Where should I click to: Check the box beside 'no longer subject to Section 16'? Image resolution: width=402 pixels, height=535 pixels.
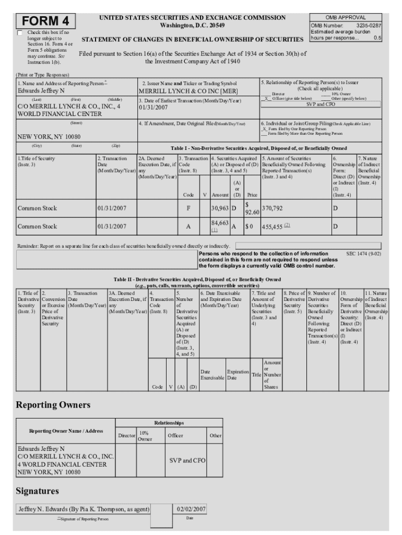click(x=20, y=33)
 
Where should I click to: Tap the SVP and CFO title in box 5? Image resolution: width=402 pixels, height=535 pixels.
click(x=321, y=104)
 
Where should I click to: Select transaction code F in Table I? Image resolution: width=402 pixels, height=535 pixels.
click(x=188, y=208)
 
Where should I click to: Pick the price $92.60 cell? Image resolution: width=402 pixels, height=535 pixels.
click(x=252, y=208)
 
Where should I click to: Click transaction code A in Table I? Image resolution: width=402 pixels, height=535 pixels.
click(x=188, y=227)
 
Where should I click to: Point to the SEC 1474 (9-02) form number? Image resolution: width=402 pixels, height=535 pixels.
click(x=363, y=253)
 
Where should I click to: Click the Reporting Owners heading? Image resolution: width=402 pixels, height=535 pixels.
click(x=53, y=405)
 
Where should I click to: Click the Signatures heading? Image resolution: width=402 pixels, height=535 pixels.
click(x=38, y=491)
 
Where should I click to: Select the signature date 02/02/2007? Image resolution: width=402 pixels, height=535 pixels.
click(x=191, y=509)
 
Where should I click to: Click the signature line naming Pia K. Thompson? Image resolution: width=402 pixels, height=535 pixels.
click(x=84, y=509)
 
